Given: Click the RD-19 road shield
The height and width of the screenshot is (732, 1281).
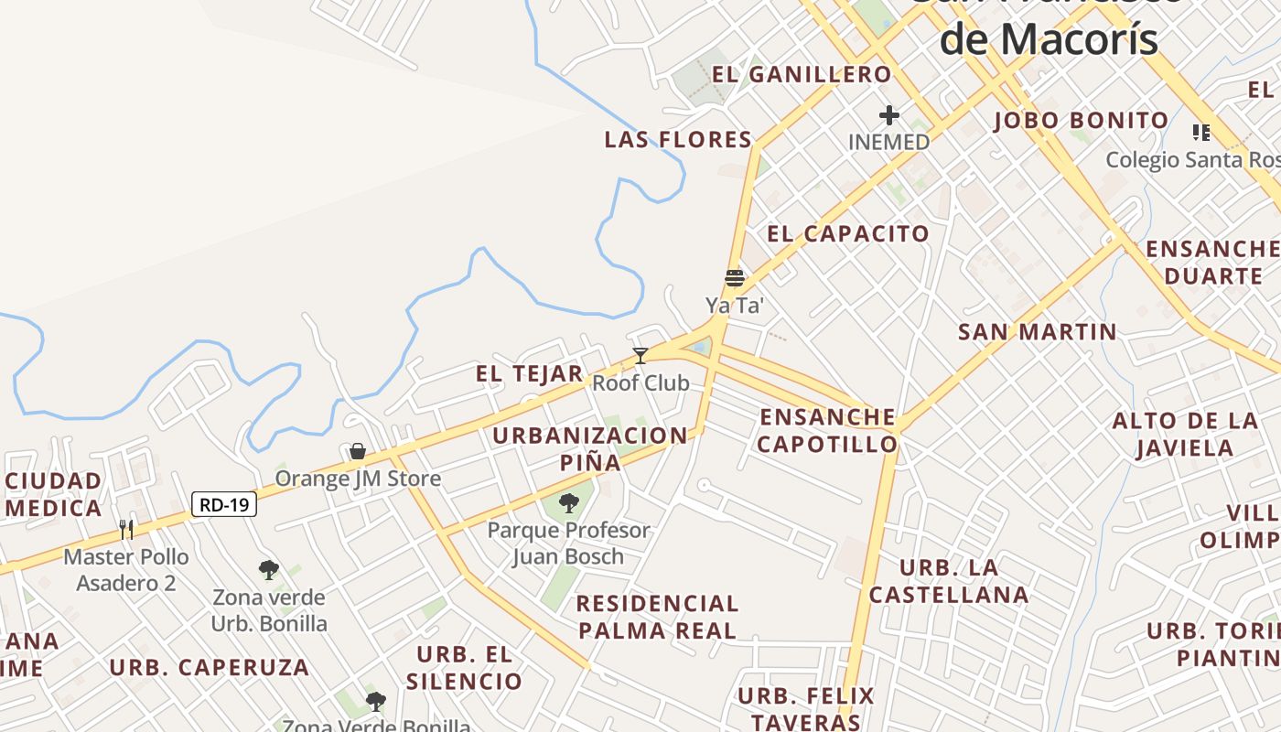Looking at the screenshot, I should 224,504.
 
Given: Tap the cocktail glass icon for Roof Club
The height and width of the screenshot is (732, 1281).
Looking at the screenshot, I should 640,355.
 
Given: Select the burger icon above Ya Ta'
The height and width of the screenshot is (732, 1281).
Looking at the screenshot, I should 735,277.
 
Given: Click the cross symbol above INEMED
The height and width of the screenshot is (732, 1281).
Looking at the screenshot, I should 888,115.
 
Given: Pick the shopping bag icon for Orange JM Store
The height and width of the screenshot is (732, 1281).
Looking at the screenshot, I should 358,451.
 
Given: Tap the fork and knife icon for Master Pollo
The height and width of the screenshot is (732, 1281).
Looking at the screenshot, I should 126,529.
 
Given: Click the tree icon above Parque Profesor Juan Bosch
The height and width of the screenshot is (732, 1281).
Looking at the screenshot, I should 569,502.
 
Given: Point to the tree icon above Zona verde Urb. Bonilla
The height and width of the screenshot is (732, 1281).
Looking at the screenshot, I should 269,570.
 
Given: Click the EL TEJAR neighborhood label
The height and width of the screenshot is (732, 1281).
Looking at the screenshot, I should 529,373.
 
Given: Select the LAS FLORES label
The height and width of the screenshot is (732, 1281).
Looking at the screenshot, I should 678,140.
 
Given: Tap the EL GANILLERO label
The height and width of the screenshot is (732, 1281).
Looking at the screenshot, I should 802,74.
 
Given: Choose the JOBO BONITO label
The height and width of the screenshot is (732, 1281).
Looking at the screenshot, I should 1081,121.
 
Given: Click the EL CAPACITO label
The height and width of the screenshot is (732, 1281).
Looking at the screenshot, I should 848,233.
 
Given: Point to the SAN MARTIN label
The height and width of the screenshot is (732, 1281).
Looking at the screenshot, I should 1038,332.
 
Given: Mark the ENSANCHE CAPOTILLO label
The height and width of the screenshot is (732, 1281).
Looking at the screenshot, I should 828,431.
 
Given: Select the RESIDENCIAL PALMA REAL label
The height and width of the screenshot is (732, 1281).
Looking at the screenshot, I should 657,617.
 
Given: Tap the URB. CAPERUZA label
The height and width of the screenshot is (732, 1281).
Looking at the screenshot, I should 210,667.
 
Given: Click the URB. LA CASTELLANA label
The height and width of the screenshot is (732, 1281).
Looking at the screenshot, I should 949,581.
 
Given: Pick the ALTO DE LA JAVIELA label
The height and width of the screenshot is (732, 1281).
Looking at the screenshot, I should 1185,435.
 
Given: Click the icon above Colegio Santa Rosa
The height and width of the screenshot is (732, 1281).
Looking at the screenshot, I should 1201,133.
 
